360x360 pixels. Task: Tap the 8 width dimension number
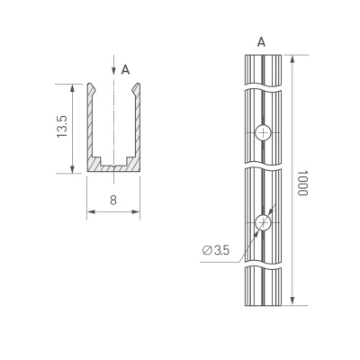pos(113,200)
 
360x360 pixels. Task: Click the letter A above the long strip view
pos(262,40)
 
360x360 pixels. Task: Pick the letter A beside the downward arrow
pos(125,69)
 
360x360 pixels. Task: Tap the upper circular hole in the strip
pos(263,133)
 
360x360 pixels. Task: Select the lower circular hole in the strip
pos(263,222)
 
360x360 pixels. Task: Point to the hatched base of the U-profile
pos(113,168)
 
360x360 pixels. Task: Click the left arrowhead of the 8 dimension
pos(90,213)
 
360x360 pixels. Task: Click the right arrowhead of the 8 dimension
pos(138,213)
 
